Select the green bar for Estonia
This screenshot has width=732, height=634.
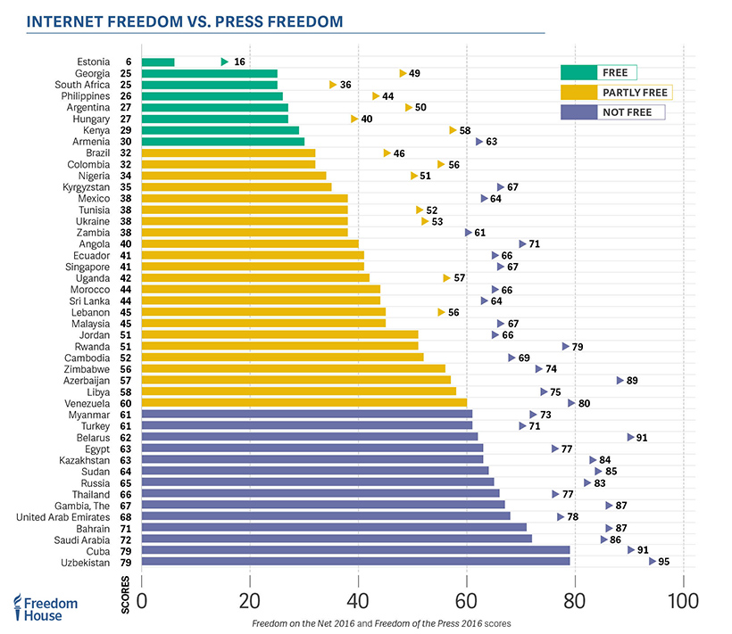(158, 62)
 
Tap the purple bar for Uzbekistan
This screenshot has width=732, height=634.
(355, 562)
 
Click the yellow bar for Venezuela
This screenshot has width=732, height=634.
(304, 402)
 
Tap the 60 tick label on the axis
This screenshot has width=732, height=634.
(466, 599)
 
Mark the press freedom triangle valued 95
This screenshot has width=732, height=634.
(653, 562)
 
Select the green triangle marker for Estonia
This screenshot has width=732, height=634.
(225, 62)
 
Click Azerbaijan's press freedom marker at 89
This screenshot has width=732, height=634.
(620, 380)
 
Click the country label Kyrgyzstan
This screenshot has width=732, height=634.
(87, 187)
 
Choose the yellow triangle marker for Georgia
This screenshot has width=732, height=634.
(403, 73)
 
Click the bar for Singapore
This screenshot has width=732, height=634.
(253, 266)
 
